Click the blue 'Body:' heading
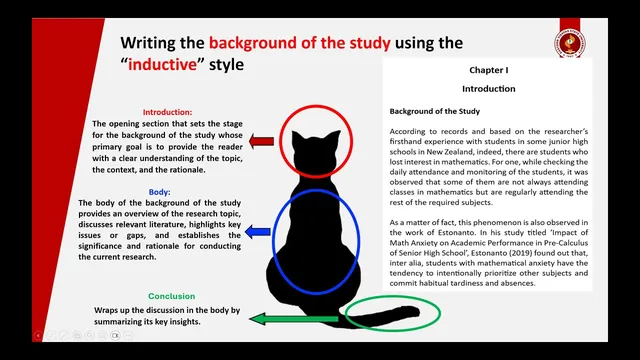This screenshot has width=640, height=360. point(160,191)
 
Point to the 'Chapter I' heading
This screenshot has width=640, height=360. point(489,72)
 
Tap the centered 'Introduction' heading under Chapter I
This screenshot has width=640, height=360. point(489,89)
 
